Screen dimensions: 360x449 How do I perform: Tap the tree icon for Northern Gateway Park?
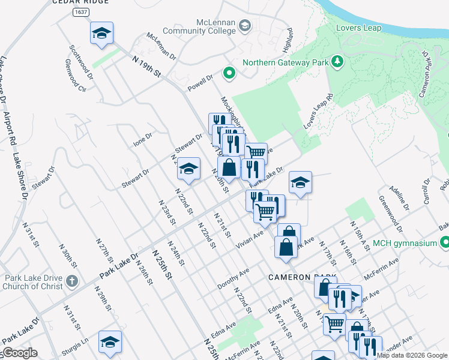[x=338, y=61]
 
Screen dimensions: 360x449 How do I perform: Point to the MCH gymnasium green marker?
[x=444, y=242]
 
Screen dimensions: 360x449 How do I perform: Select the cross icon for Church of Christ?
[x=71, y=280]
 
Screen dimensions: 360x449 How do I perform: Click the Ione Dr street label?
[x=142, y=140]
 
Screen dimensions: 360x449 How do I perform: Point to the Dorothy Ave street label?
[x=233, y=279]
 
